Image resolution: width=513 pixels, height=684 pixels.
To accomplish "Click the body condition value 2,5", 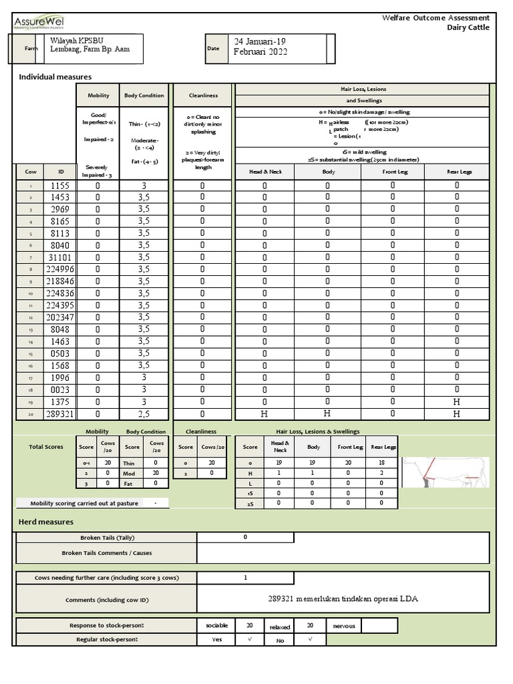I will coord(144,414).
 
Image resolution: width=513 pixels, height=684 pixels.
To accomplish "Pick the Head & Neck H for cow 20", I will coord(265,414).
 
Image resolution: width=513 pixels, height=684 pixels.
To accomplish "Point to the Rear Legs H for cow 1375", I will coord(457,402).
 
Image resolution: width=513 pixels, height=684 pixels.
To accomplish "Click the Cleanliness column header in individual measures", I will coord(203,96).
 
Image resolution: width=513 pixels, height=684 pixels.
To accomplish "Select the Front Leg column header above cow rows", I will coord(394,172).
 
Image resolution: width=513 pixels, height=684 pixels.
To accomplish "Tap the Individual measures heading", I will coord(55,77).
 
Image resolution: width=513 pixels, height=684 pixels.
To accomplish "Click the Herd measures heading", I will coord(46,522).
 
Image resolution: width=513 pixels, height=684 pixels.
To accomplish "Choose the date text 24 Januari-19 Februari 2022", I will coord(261,47).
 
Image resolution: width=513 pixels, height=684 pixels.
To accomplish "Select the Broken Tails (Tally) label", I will coord(106,538).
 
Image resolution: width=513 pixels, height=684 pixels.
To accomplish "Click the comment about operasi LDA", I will coord(342,598).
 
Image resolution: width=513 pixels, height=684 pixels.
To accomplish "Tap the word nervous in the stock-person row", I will coord(345,626).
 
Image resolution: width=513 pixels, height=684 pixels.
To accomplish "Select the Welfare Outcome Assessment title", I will coord(436,18).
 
